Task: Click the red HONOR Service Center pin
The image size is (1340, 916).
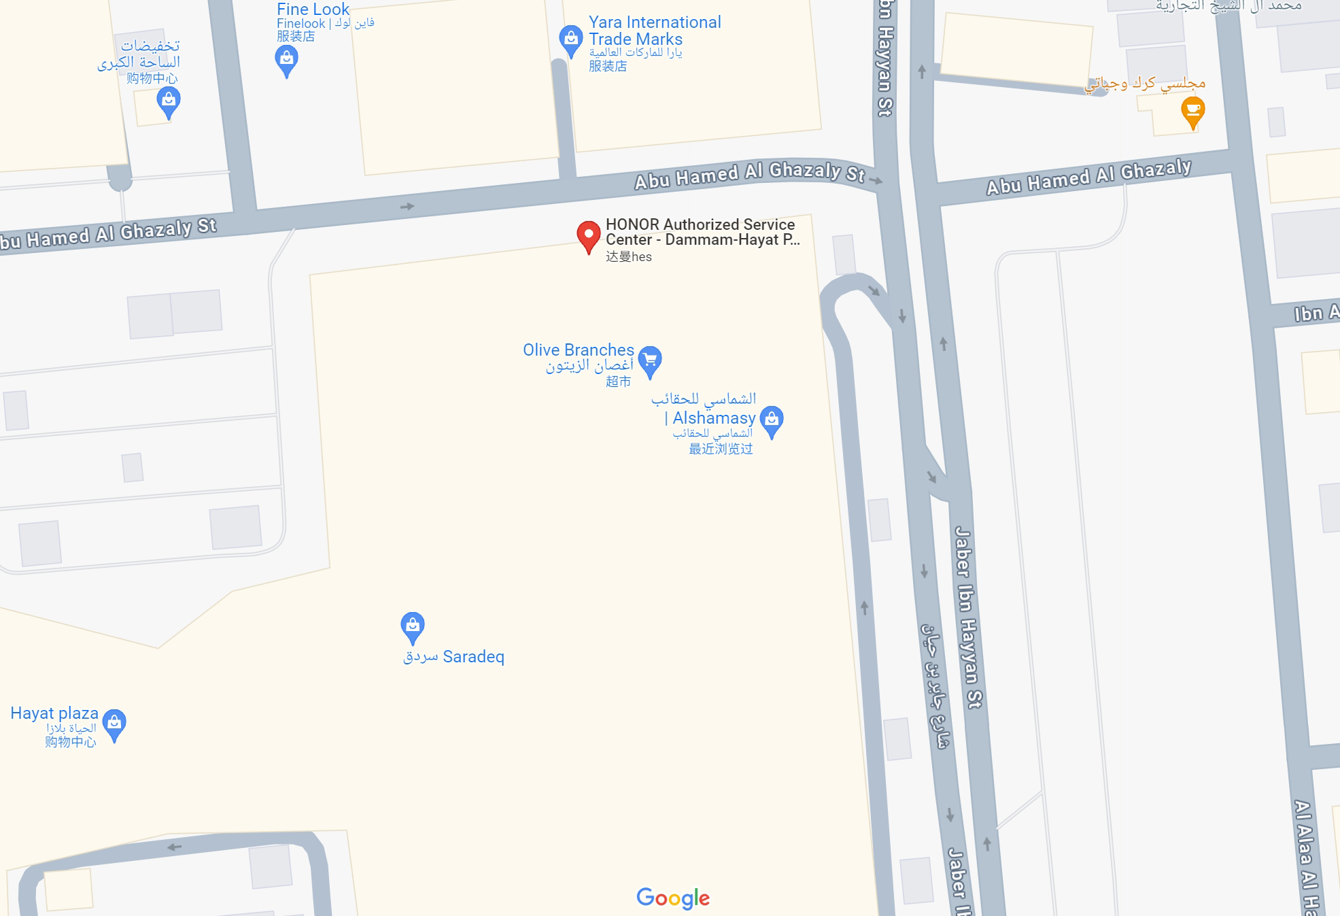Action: tap(589, 235)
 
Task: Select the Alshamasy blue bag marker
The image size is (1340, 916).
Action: tap(772, 420)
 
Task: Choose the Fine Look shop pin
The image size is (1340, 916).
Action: tap(286, 60)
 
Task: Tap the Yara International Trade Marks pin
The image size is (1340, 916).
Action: tap(570, 39)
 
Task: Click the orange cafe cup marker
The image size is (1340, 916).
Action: tap(1192, 111)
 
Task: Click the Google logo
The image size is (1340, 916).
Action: tap(673, 898)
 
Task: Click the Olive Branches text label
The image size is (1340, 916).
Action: tap(578, 350)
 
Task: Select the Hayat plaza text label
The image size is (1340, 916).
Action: tap(54, 713)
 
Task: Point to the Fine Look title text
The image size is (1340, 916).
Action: tap(313, 10)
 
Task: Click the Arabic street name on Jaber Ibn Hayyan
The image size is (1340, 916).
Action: tap(935, 687)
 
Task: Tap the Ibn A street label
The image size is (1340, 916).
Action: tap(1316, 313)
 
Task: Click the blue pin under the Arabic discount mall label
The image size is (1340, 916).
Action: tap(168, 102)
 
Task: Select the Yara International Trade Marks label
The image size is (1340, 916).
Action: tap(654, 31)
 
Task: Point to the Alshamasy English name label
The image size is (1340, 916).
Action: tap(713, 418)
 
